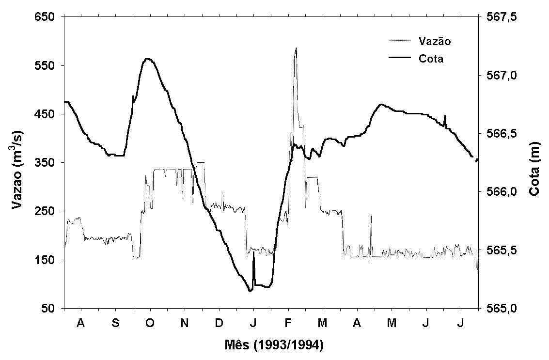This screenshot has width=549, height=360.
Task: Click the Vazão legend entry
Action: pos(434,41)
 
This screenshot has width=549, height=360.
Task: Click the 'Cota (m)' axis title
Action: pos(534,162)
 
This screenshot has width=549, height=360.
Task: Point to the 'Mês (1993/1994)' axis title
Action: pos(274,345)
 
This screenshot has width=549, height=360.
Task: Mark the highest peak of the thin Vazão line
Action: pos(296,48)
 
